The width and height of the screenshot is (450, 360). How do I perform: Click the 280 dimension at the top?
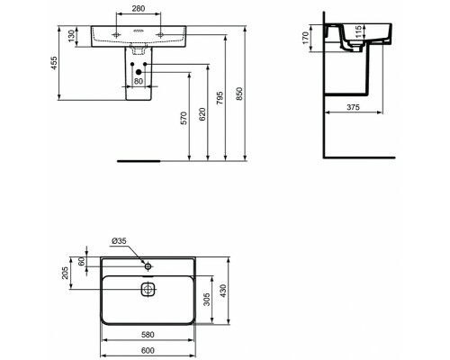pos(139,10)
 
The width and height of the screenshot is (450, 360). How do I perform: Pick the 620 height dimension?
pos(207,111)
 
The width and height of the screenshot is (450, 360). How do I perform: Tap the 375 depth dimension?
pos(354,106)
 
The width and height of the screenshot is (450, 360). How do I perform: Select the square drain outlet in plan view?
pos(148,290)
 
